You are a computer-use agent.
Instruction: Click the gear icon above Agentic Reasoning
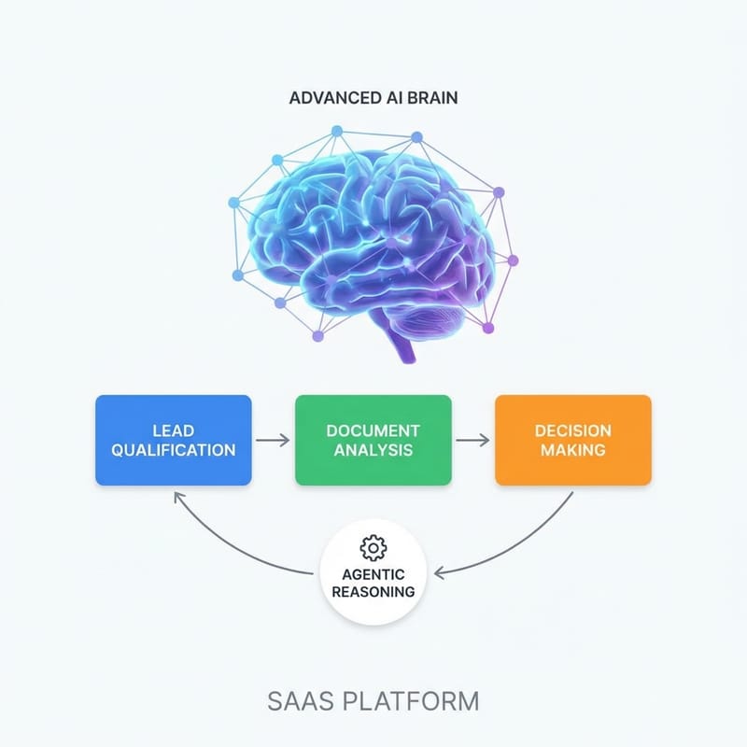373,545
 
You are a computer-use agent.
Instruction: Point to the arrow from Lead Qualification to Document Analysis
273,440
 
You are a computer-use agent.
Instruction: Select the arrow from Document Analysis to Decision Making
472,440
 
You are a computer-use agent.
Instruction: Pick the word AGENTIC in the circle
373,574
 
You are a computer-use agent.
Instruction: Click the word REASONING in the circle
373,592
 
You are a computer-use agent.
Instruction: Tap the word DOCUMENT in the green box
373,430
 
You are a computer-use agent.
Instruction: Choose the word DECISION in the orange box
572,430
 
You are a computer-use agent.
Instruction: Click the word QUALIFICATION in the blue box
173,449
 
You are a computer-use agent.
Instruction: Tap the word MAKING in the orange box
572,449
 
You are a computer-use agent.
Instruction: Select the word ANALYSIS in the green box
373,449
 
